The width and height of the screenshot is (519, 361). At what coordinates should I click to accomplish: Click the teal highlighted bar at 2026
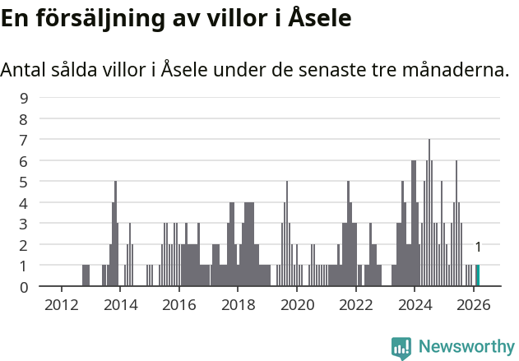[x=477, y=275]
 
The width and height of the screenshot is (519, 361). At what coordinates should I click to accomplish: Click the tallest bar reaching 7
[x=429, y=214]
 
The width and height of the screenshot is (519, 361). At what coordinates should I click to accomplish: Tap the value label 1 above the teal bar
[x=478, y=247]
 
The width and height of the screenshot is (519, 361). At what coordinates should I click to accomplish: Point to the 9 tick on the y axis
[x=24, y=98]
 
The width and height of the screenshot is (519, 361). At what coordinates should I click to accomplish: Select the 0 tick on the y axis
[x=24, y=287]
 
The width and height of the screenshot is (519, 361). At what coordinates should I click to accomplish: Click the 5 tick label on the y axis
[x=24, y=182]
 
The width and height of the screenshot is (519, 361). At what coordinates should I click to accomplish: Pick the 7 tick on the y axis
[x=24, y=140]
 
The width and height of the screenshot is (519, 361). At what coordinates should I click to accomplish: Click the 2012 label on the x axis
[x=61, y=304]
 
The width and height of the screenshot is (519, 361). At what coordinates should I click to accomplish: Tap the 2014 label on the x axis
[x=120, y=304]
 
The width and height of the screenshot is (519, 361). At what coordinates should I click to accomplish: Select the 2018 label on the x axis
[x=238, y=304]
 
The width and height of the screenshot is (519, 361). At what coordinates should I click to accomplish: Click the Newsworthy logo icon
[x=401, y=347]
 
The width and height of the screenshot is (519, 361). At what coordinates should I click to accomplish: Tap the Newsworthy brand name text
[x=466, y=347]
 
